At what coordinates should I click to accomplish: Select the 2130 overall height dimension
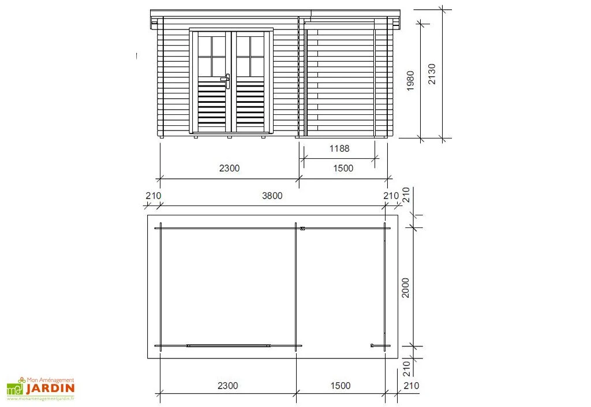click(x=432, y=74)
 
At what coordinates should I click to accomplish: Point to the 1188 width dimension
click(x=339, y=148)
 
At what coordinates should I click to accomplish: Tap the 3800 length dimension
click(x=272, y=196)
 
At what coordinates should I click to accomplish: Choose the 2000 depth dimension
click(x=406, y=287)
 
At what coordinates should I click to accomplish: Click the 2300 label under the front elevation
click(x=229, y=169)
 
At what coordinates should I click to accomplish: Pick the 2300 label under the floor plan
click(x=227, y=386)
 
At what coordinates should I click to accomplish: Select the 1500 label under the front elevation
click(x=343, y=169)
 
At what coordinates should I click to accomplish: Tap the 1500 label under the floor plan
click(x=341, y=386)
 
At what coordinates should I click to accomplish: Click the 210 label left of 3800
click(x=153, y=196)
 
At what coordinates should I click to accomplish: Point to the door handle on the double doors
click(x=227, y=80)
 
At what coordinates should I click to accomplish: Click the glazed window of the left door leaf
click(x=211, y=57)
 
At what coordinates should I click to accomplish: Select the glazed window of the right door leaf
click(x=250, y=57)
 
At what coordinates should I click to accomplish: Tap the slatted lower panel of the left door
click(x=211, y=104)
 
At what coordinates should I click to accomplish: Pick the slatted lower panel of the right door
click(x=250, y=104)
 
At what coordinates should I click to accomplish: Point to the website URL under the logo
click(x=40, y=398)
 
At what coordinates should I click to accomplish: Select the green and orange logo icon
click(x=15, y=388)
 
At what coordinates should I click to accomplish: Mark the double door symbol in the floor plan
click(x=229, y=346)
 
